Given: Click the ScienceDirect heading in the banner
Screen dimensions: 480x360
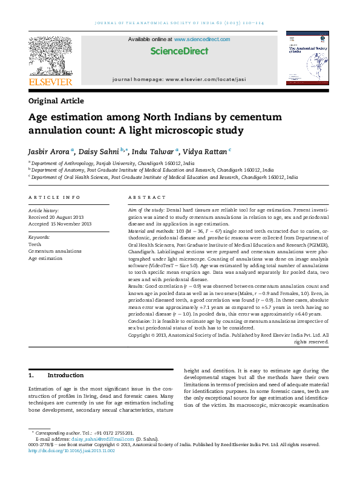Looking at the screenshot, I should tap(179, 51).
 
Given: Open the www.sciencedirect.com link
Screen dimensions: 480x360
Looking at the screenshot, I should tap(202, 39).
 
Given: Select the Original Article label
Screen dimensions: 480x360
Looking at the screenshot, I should tap(56, 101).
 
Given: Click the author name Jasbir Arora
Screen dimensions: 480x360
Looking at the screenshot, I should tap(49, 151).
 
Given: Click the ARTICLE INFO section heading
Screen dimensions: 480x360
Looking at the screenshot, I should tap(54, 198).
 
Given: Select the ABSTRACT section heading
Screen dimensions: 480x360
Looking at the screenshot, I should tap(147, 198).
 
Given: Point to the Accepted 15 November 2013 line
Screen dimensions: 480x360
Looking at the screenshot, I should tap(60, 224).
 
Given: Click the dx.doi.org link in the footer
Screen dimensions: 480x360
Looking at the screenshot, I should tap(71, 450).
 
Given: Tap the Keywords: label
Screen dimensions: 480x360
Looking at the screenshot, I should tap(40, 237).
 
